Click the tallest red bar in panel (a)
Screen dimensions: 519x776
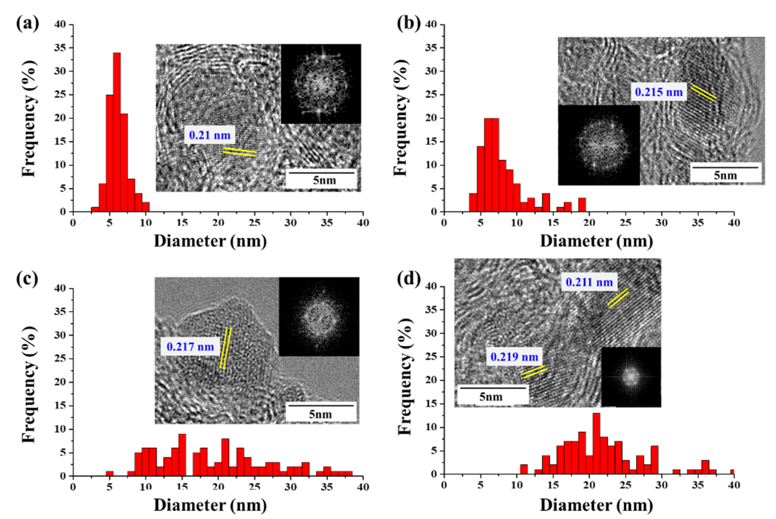117,132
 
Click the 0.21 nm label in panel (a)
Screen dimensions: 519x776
209,135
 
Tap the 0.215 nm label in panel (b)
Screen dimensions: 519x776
658,92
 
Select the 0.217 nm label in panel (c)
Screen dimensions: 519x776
190,346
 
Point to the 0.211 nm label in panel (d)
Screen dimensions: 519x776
589,282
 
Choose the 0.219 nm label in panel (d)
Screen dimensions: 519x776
514,357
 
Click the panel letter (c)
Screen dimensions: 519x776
27,279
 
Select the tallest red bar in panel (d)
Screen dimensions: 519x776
596,443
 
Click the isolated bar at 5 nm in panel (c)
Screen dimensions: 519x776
110,473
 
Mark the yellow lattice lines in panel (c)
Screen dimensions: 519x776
225,348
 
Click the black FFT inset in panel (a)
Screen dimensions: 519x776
321,84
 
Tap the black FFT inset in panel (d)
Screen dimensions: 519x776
631,377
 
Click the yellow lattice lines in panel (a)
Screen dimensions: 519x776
239,152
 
